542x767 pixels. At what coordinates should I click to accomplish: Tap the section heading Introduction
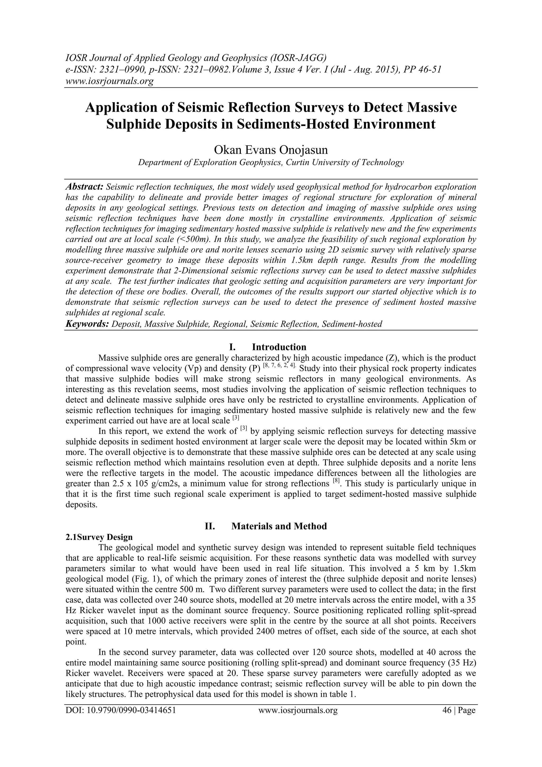point(279,347)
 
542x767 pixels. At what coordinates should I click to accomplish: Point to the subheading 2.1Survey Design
point(99,537)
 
